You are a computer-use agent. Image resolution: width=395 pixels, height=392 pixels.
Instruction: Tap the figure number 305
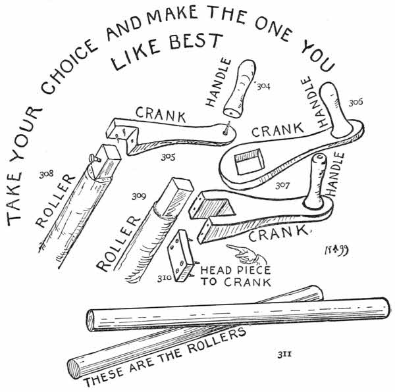pos(168,157)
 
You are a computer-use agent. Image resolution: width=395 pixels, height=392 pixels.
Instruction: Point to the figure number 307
pos(284,186)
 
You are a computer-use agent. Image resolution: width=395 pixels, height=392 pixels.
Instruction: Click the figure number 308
pos(46,176)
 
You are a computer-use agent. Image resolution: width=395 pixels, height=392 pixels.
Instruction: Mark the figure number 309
pos(138,195)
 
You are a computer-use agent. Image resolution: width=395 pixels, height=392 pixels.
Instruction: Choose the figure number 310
pos(164,278)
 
